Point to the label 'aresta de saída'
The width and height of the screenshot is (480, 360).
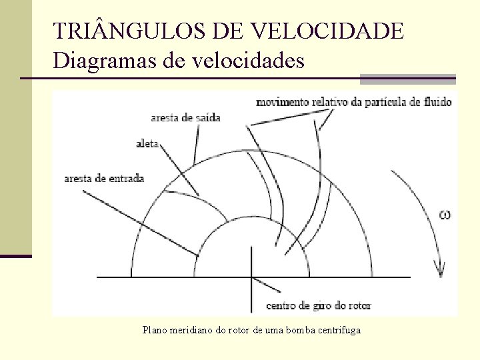coord(186,118)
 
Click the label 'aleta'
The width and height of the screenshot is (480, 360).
coord(147,143)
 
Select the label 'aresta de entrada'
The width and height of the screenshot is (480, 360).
coord(104,178)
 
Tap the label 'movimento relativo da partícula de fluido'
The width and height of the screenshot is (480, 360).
coord(353,102)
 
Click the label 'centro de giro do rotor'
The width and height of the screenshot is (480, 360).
coord(318,306)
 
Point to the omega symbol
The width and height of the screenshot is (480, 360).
coord(445,214)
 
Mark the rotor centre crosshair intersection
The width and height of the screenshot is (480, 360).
coord(251,277)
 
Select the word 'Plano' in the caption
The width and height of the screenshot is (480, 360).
coord(156,330)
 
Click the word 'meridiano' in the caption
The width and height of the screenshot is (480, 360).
coord(196,330)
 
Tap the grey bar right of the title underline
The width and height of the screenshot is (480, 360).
coord(407,79)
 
